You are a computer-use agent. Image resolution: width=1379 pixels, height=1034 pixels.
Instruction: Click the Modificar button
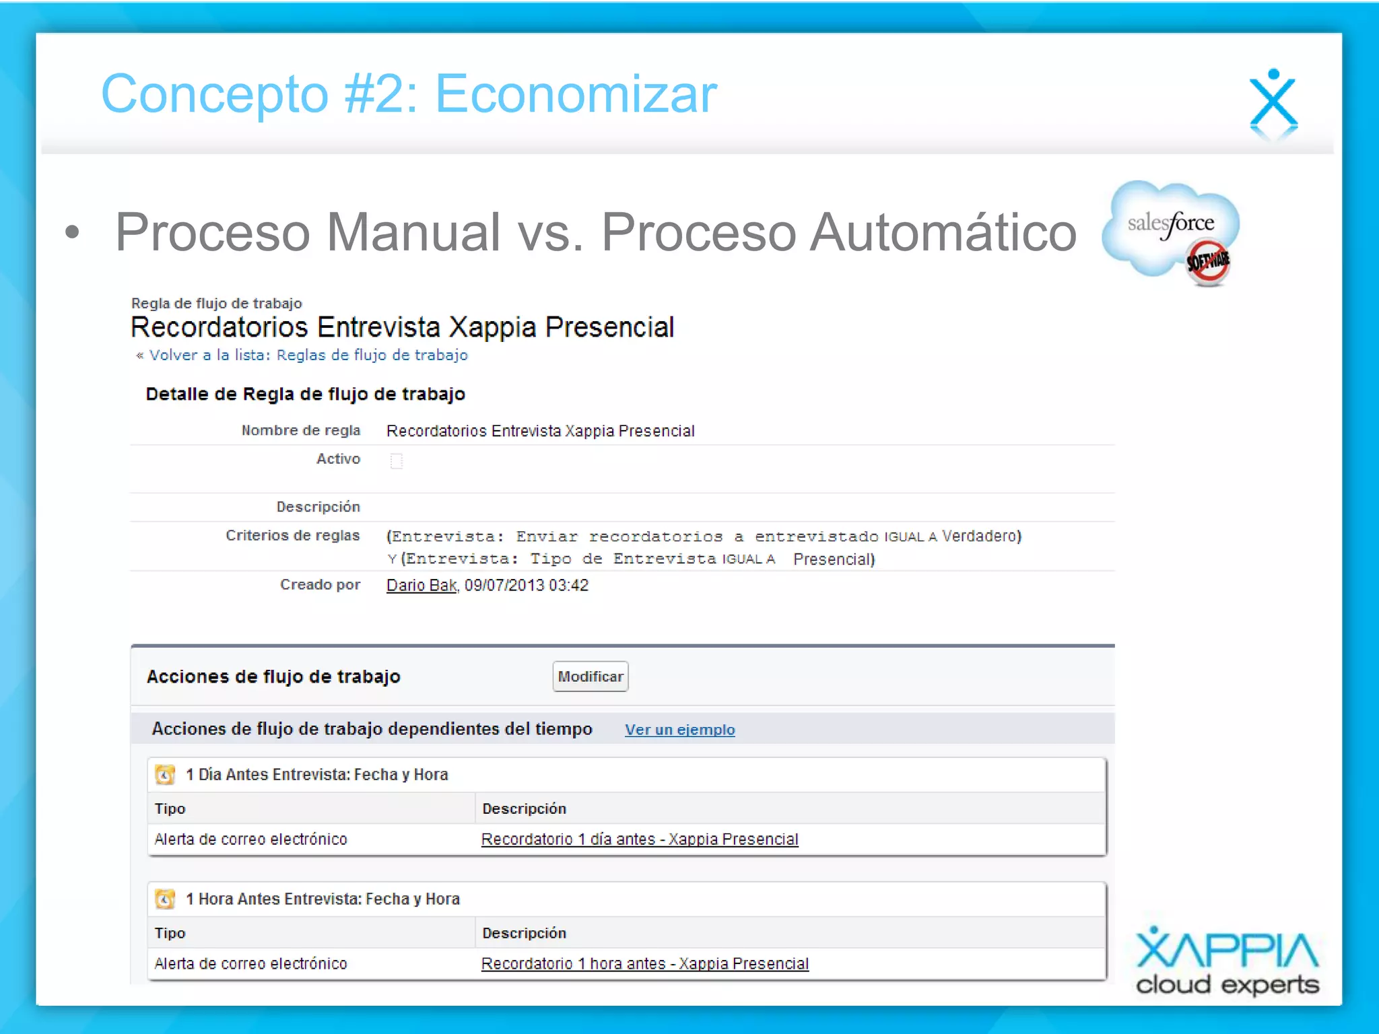[x=590, y=677]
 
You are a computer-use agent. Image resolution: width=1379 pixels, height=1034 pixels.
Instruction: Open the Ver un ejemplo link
[x=679, y=730]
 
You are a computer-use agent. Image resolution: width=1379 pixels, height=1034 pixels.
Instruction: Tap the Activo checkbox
[x=397, y=460]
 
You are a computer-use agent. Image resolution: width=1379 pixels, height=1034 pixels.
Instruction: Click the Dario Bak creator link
[x=422, y=586]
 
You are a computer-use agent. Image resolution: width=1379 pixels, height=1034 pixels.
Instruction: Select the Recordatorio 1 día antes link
[x=640, y=839]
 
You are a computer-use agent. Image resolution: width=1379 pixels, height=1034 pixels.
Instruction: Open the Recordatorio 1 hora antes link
[x=644, y=964]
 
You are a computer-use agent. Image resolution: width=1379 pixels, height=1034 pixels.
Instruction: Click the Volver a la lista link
[x=308, y=355]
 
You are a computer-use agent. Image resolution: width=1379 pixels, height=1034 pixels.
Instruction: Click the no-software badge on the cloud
[x=1208, y=262]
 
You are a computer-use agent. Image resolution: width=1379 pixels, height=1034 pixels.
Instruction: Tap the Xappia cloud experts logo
[x=1227, y=961]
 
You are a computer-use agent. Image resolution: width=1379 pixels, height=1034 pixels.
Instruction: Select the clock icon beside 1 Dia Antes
[x=165, y=775]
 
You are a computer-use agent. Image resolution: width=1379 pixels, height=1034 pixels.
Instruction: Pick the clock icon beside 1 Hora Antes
[x=165, y=899]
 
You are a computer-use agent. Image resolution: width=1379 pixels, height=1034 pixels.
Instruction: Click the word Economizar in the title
[x=576, y=94]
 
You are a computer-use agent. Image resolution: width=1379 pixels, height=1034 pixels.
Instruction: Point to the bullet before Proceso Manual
[x=72, y=233]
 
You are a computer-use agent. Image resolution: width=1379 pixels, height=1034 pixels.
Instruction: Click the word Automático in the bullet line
[x=943, y=233]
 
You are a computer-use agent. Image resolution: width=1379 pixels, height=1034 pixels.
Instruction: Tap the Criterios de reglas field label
[x=292, y=536]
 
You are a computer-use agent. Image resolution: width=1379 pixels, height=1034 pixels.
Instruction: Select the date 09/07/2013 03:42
[x=526, y=586]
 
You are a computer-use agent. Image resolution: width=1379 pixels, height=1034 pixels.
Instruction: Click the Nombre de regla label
[x=300, y=431]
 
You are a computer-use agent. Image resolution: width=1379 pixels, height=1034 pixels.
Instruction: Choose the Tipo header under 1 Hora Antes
[x=170, y=933]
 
